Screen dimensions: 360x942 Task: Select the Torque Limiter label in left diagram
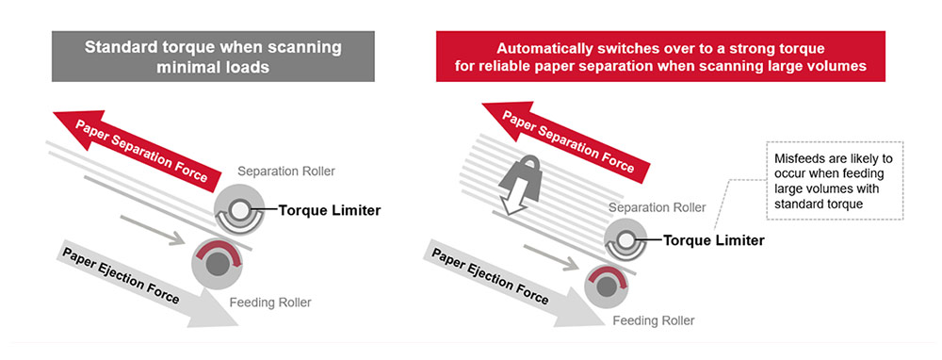click(330, 210)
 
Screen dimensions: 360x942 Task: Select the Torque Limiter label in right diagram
click(713, 240)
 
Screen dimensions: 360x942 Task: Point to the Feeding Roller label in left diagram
click(269, 303)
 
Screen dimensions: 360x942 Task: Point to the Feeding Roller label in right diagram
click(654, 320)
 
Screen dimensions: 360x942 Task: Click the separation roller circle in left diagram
click(241, 212)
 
